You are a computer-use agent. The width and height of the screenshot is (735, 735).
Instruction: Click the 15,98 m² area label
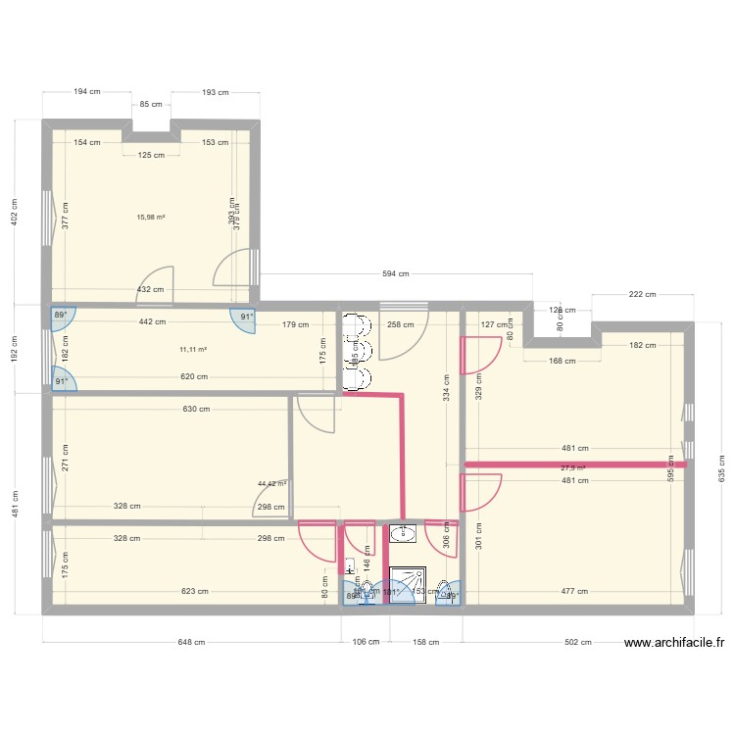pyautogui.click(x=151, y=218)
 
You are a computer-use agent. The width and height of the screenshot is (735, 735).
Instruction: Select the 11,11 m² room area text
pyautogui.click(x=193, y=349)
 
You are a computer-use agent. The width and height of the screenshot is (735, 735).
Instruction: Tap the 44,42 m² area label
pyautogui.click(x=271, y=483)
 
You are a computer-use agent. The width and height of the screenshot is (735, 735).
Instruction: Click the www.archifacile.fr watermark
pyautogui.click(x=674, y=643)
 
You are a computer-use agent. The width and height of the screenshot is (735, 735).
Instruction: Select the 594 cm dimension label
pyautogui.click(x=397, y=274)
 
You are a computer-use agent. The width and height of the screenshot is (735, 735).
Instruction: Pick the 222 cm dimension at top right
pyautogui.click(x=643, y=294)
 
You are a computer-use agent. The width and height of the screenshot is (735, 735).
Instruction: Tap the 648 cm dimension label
pyautogui.click(x=191, y=643)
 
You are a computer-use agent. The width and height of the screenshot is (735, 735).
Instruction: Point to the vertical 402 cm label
pyautogui.click(x=14, y=214)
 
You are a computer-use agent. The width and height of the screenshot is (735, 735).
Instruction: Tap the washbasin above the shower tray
pyautogui.click(x=402, y=533)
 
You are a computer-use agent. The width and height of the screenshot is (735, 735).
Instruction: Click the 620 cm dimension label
pyautogui.click(x=194, y=376)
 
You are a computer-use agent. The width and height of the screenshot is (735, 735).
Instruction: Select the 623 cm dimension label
pyautogui.click(x=194, y=591)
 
